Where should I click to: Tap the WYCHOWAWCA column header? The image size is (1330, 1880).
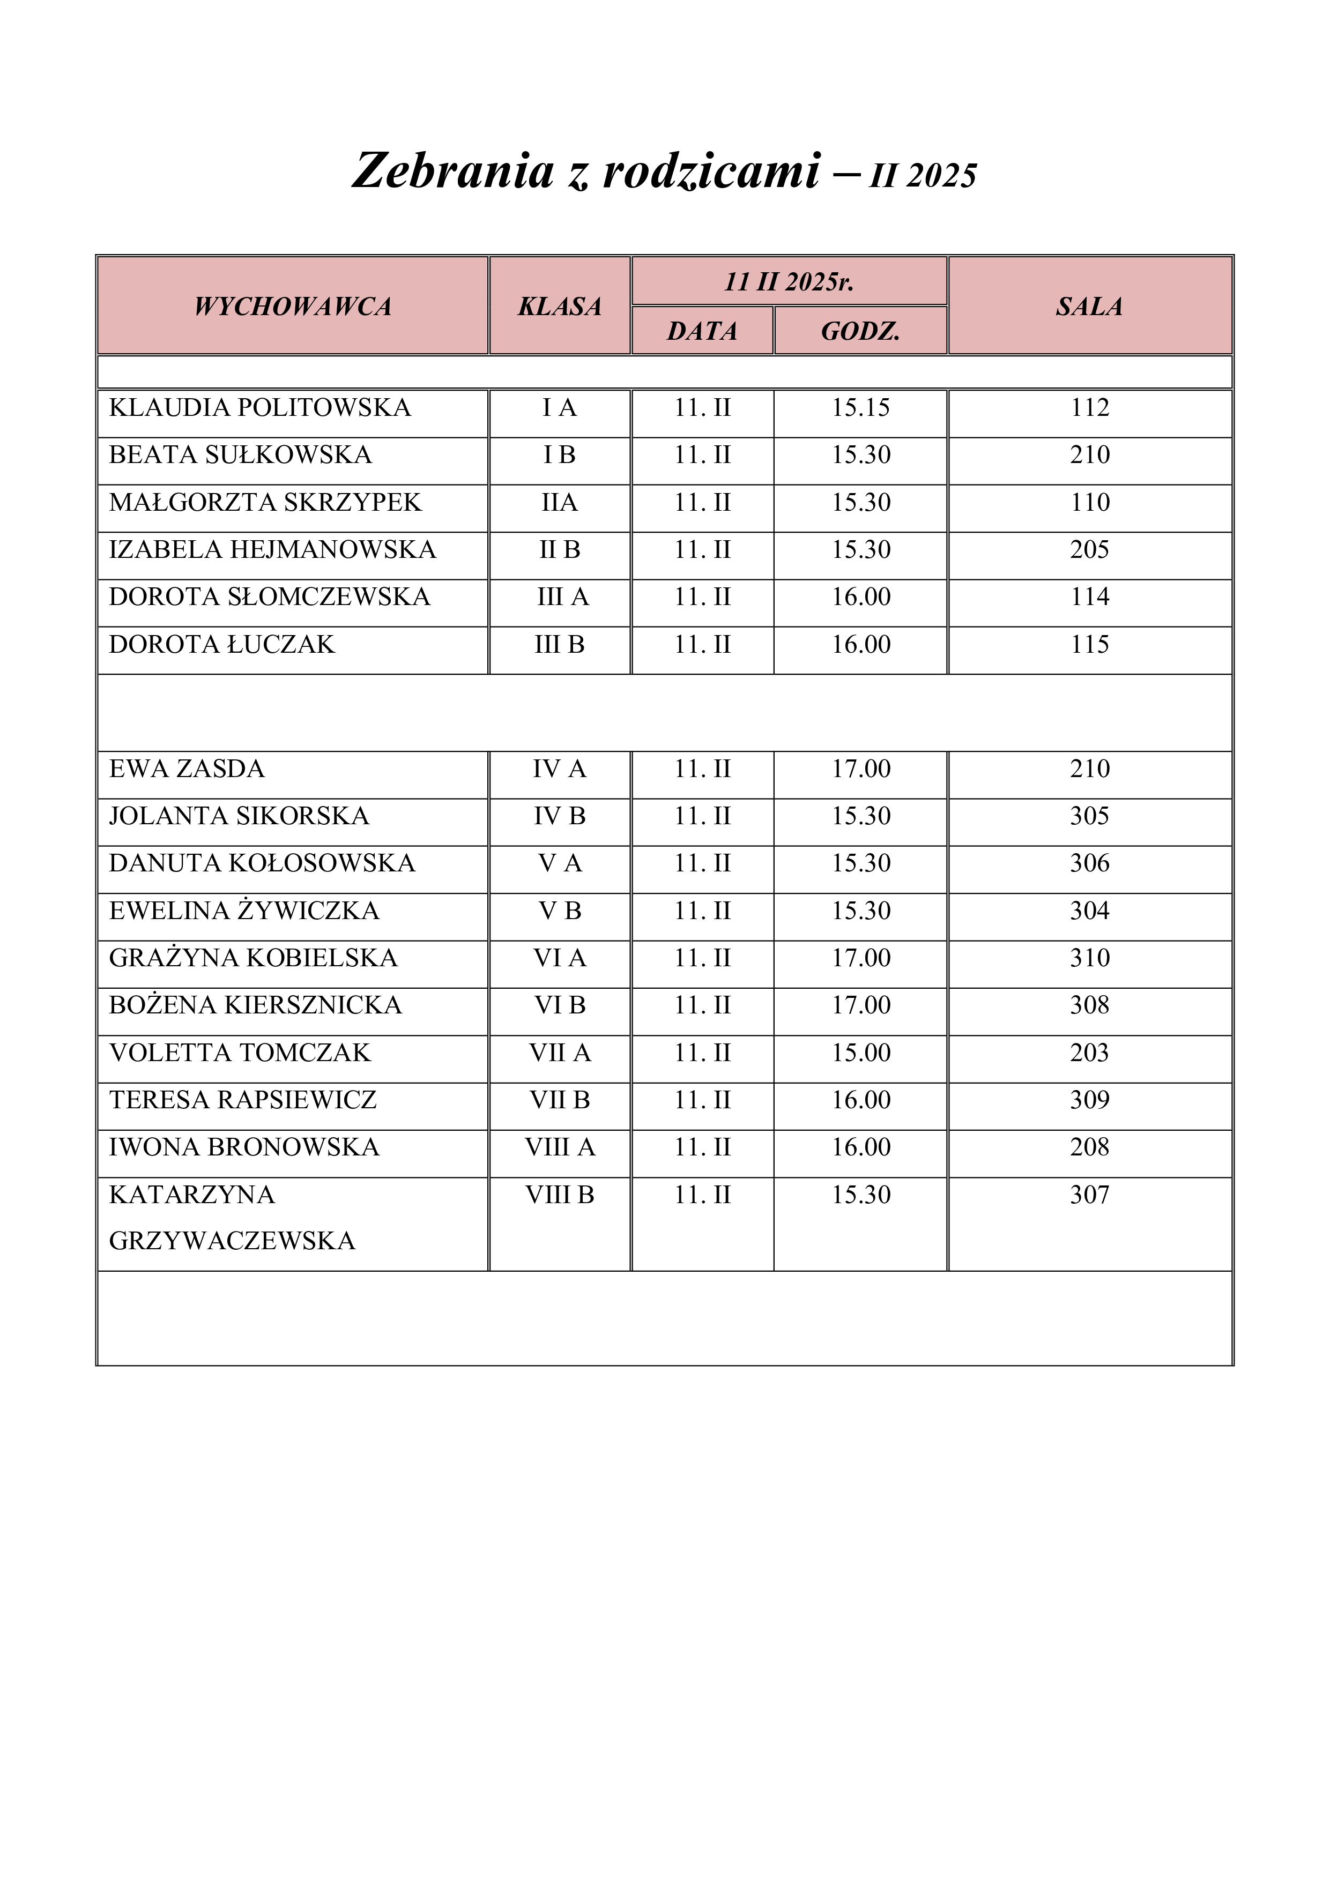tap(292, 306)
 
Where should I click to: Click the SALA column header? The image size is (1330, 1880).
tap(1089, 306)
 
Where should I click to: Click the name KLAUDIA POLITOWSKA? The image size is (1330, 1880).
tap(259, 408)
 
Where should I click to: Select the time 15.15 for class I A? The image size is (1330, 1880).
tap(861, 408)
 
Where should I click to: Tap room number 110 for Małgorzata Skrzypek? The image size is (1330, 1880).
tap(1089, 502)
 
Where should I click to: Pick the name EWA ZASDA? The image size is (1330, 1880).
tap(187, 769)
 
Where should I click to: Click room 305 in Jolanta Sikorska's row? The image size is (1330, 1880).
tap(1089, 816)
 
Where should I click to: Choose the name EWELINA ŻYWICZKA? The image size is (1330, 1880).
tap(244, 911)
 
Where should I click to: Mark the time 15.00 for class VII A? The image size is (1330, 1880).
tap(861, 1052)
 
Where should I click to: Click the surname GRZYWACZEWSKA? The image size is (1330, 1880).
tap(232, 1241)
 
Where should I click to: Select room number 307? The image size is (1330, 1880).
tap(1089, 1195)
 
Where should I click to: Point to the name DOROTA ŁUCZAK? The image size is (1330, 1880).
tap(222, 644)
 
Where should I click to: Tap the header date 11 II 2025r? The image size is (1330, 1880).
tap(789, 282)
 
